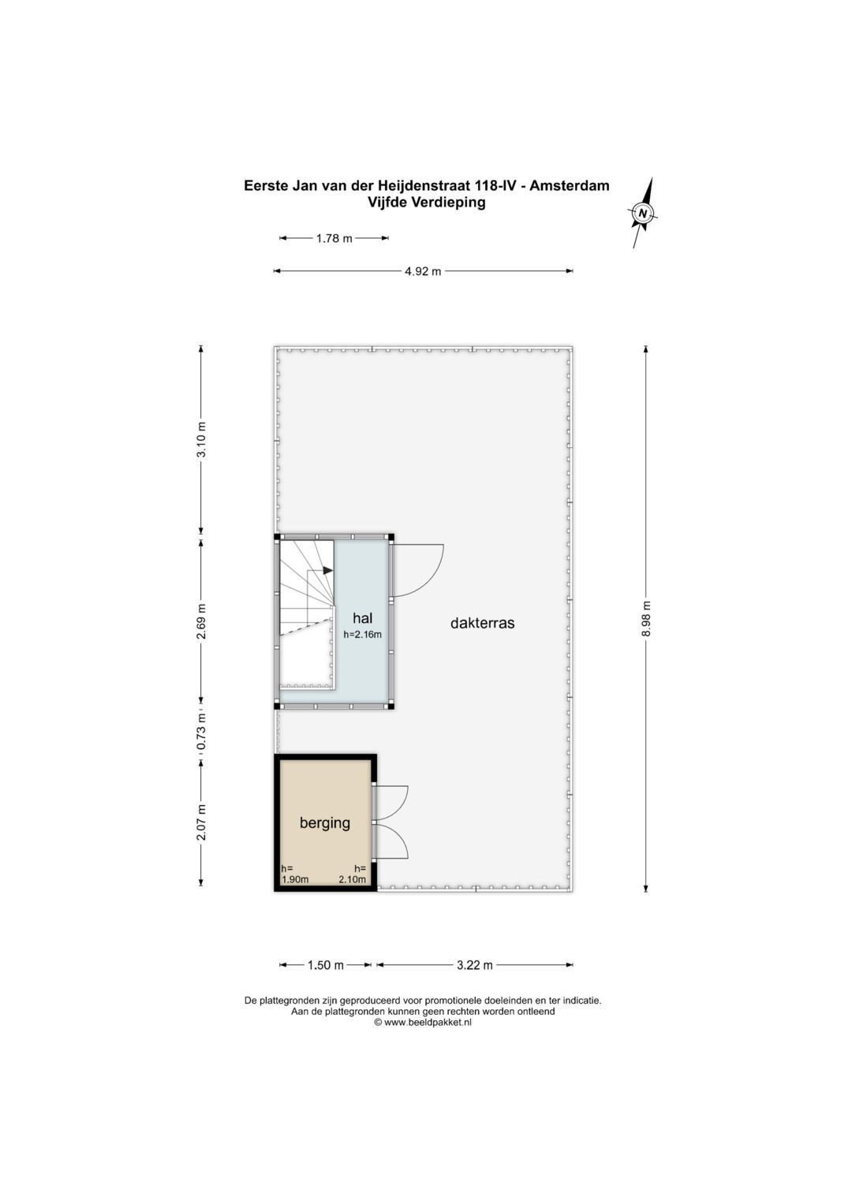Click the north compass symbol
pos(643,213)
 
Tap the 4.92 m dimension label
pos(422,271)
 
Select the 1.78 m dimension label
pos(334,238)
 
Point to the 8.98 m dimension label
pos(646,618)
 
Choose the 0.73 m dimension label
pos(201,731)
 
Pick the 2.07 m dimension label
pos(201,822)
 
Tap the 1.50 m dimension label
pos(325,965)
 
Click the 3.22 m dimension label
pos(474,965)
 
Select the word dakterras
pos(482,623)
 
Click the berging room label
pos(324,822)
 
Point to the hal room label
pos(362,618)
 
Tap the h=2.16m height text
pos(362,634)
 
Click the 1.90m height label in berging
pos(294,879)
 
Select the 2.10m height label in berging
pos(352,879)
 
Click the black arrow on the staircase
pos(325,571)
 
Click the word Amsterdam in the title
pos(569,186)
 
